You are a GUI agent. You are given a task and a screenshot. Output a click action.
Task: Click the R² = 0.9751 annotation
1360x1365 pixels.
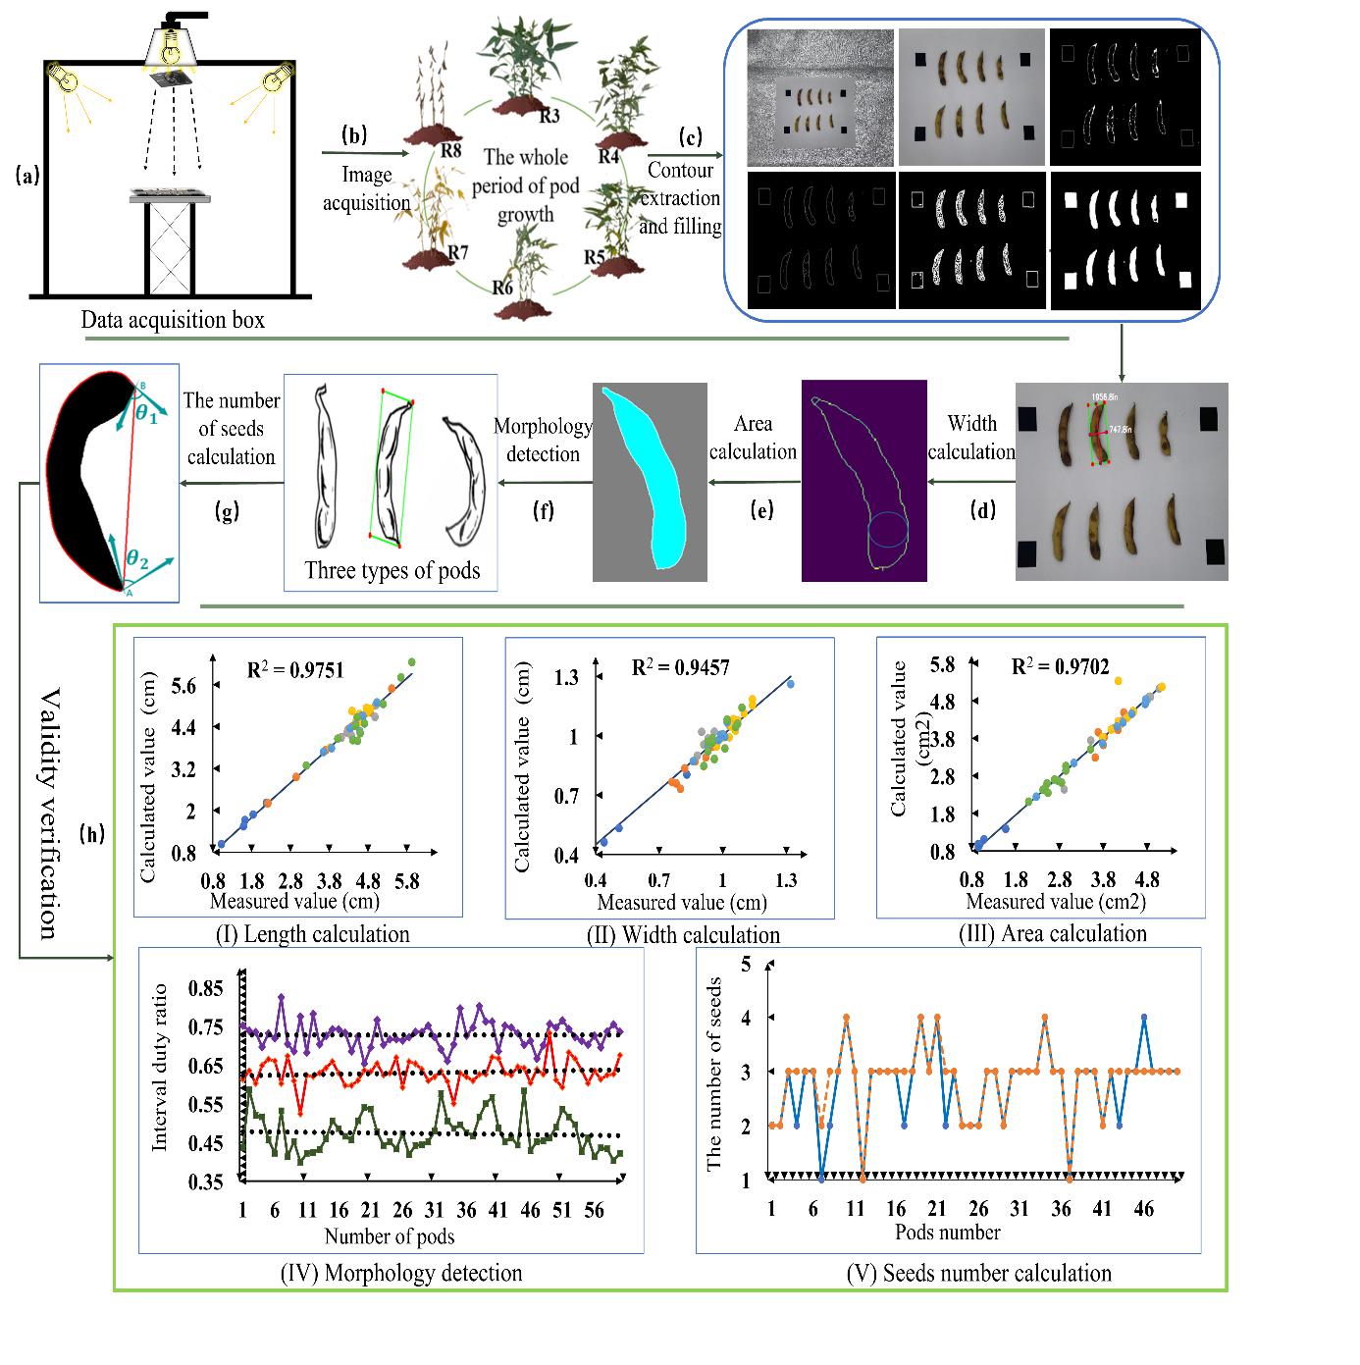(x=294, y=671)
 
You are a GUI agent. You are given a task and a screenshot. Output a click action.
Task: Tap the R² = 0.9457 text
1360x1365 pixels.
(x=680, y=668)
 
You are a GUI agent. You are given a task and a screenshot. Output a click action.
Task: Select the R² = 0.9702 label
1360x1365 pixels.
(x=1060, y=667)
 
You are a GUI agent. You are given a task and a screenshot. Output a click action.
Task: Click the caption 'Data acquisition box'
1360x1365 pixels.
(x=173, y=320)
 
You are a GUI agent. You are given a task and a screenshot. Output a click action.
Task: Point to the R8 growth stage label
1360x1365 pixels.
(x=450, y=151)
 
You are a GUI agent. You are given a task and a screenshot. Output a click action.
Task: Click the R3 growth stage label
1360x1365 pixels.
(x=549, y=117)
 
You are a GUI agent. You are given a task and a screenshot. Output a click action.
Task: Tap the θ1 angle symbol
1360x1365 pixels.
(x=146, y=414)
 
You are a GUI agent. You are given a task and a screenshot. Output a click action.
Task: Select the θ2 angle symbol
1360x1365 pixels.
(x=137, y=562)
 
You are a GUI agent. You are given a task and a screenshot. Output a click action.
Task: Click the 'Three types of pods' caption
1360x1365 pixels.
(x=392, y=571)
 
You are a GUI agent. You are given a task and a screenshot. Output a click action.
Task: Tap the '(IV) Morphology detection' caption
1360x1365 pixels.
(x=401, y=1274)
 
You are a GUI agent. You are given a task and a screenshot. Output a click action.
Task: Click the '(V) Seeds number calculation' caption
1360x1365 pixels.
(x=978, y=1274)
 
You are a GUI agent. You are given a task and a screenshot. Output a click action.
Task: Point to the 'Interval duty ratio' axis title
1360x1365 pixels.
(x=161, y=1068)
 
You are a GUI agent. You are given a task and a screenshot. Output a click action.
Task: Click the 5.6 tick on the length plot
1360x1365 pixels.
(x=183, y=686)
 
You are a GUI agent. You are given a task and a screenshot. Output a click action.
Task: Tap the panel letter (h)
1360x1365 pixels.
(x=93, y=835)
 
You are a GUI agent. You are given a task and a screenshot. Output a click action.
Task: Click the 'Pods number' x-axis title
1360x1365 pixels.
(x=948, y=1233)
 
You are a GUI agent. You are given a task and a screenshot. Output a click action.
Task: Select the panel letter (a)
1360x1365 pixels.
(x=27, y=176)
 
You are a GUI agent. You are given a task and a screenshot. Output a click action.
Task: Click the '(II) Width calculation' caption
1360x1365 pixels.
(x=683, y=935)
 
